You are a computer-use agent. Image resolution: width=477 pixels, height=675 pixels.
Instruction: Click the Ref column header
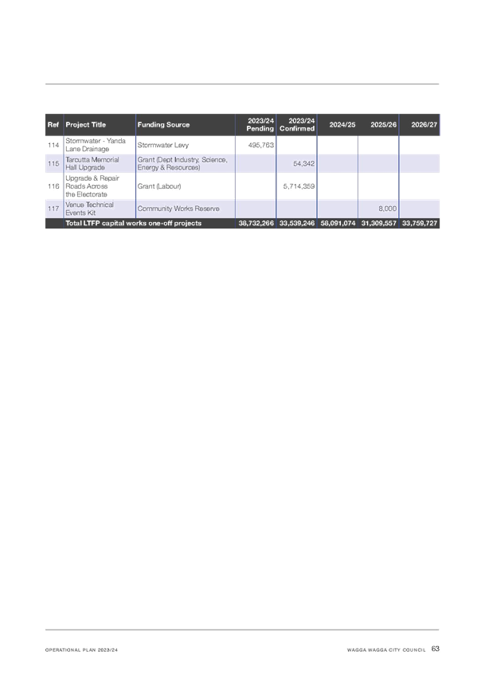point(53,124)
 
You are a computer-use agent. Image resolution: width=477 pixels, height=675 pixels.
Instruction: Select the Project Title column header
point(86,124)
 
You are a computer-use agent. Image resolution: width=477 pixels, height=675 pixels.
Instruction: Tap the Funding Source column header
point(163,124)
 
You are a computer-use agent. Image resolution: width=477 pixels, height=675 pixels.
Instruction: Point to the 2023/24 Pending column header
point(260,124)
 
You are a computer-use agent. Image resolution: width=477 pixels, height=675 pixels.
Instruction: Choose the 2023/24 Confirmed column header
point(297,124)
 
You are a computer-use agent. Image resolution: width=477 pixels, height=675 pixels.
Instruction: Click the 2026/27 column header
point(424,124)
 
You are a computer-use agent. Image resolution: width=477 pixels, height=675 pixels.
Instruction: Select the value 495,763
point(261,145)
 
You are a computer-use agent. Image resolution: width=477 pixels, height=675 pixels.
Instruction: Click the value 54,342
point(304,164)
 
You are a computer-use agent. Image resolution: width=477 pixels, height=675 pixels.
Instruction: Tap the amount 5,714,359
point(299,186)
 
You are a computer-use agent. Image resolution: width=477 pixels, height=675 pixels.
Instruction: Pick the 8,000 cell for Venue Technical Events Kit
point(388,209)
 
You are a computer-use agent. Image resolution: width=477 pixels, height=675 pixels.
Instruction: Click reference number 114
point(53,145)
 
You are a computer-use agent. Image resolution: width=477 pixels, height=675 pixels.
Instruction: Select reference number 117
point(53,209)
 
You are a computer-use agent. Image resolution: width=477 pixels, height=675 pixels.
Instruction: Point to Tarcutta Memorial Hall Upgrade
point(92,164)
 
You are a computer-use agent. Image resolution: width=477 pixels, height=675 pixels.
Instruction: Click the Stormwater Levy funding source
point(163,145)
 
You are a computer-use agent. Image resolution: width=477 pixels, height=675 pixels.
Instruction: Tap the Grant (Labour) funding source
point(159,186)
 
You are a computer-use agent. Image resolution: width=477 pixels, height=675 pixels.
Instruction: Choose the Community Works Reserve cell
point(178,209)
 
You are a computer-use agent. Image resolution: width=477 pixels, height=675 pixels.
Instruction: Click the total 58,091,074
point(338,223)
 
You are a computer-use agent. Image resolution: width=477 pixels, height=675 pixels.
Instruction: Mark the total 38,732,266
point(256,223)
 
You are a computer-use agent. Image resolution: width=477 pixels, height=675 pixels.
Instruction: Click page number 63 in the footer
point(436,649)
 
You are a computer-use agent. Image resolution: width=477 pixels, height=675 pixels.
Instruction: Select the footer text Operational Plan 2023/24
point(81,650)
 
